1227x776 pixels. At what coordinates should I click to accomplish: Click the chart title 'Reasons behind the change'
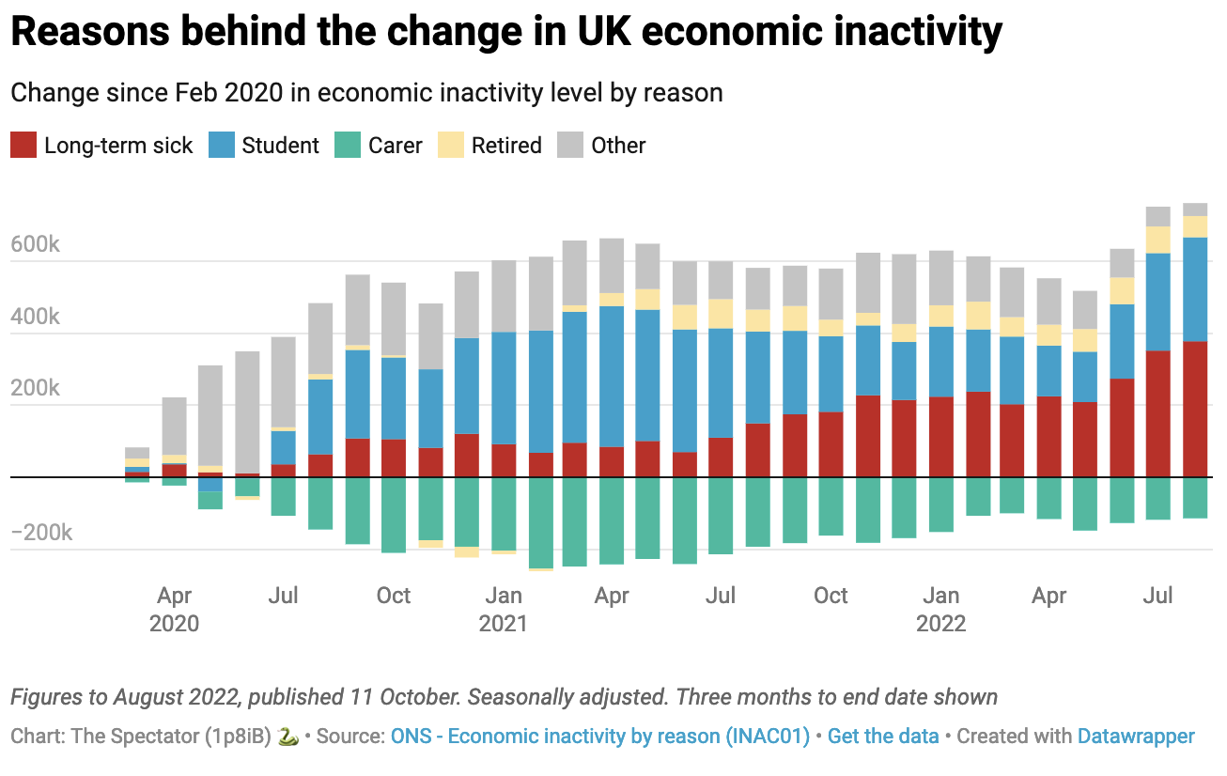click(505, 33)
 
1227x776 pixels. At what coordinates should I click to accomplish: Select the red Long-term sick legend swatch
click(23, 146)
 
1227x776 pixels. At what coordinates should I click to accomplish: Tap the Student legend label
click(280, 146)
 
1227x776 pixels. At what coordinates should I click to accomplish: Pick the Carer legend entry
click(395, 146)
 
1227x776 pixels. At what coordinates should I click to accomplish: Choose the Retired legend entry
click(506, 146)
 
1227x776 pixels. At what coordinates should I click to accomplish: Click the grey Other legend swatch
click(570, 146)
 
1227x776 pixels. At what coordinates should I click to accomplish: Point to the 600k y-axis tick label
click(36, 245)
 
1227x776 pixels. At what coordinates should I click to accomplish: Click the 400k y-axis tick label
click(36, 318)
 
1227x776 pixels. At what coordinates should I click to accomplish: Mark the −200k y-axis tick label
click(41, 534)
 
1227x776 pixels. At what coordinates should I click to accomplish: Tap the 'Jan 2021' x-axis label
click(504, 609)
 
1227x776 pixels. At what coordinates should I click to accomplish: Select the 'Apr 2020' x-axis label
click(175, 609)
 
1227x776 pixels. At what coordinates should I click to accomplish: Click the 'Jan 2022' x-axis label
click(941, 609)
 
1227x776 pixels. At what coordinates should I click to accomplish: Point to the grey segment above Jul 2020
click(283, 381)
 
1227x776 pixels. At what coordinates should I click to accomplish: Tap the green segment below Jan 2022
click(940, 504)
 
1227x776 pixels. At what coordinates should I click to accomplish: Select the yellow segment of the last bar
click(1195, 226)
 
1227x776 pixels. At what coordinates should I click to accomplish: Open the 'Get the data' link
click(883, 736)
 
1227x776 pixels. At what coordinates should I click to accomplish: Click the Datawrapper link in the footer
click(1136, 736)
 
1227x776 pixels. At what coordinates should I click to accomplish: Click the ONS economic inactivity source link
click(600, 736)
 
